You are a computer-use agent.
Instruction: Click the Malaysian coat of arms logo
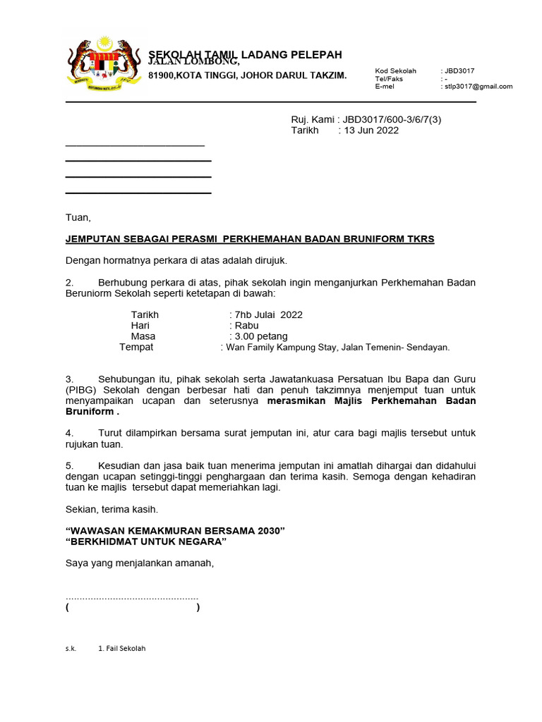point(102,65)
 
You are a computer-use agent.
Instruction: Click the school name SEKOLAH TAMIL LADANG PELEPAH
point(245,54)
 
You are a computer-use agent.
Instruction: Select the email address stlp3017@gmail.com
point(478,87)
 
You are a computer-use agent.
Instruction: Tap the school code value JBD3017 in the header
point(459,71)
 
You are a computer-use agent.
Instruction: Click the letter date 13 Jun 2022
point(371,130)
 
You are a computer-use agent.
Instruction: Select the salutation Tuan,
point(78,217)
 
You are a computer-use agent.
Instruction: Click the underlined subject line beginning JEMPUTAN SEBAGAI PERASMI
point(250,239)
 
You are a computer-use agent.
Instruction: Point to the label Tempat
point(136,348)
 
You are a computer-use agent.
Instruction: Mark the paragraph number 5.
point(69,465)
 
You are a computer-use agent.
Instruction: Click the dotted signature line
point(132,596)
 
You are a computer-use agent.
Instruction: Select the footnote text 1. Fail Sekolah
point(121,648)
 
